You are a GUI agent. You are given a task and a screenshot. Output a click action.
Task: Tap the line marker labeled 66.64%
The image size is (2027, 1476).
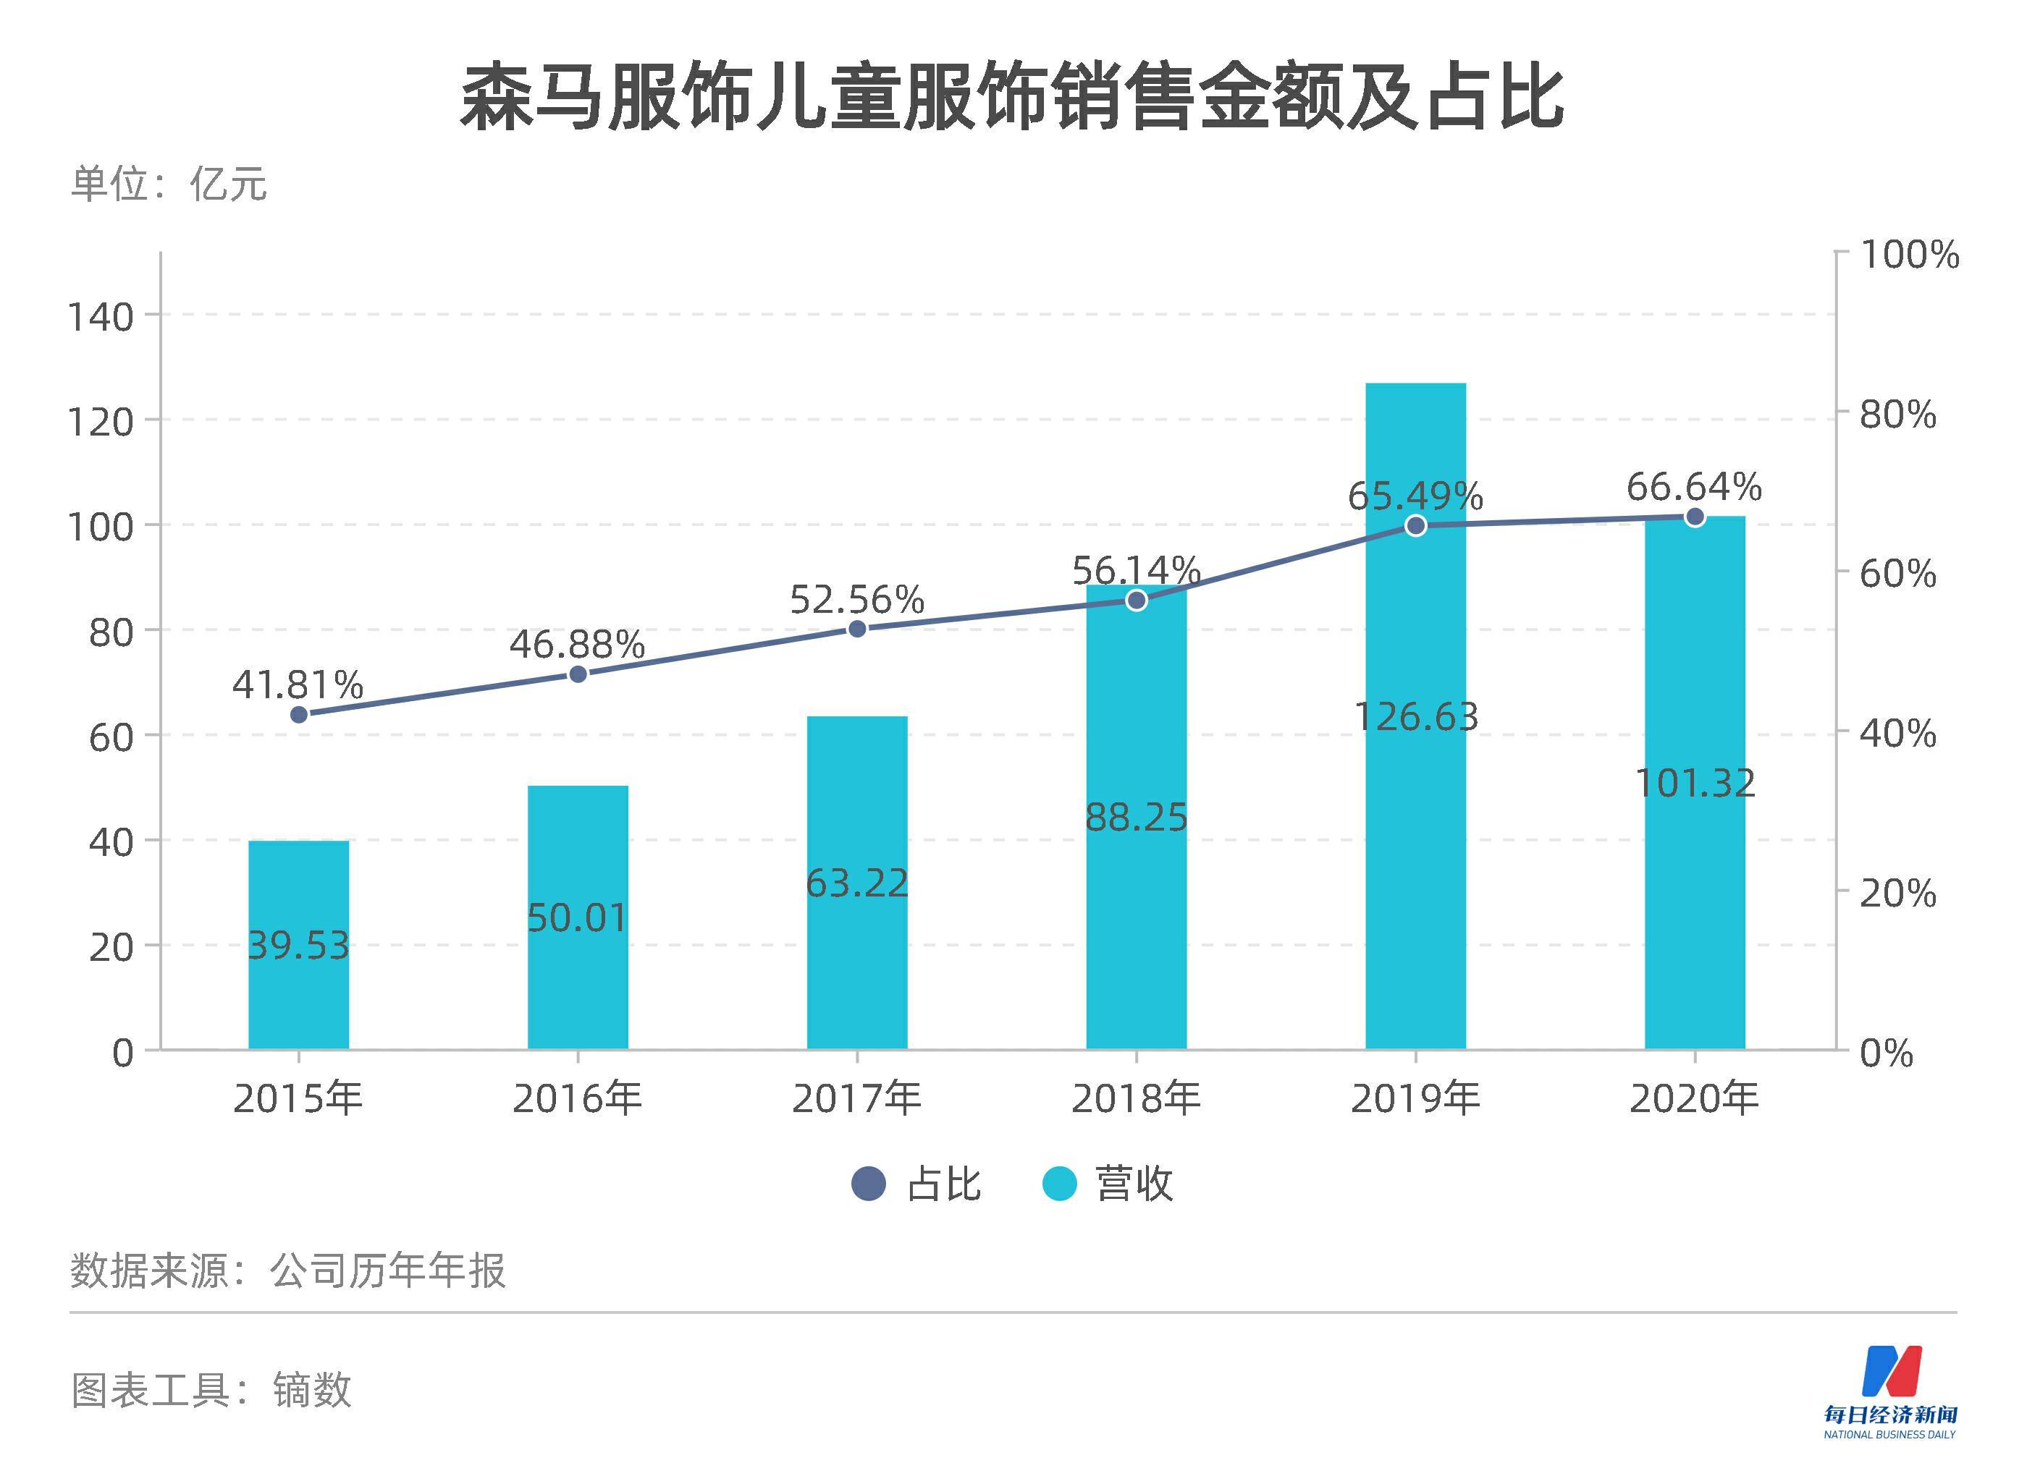pyautogui.click(x=1695, y=517)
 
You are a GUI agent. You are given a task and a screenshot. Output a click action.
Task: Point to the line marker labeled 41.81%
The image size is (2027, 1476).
pyautogui.click(x=300, y=714)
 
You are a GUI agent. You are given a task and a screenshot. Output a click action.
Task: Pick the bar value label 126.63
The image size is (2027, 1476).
pyautogui.click(x=1416, y=716)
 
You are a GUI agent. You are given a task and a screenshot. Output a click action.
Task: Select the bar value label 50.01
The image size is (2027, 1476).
pyautogui.click(x=578, y=917)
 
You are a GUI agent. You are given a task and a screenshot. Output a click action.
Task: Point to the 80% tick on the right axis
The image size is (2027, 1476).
pyautogui.click(x=1897, y=414)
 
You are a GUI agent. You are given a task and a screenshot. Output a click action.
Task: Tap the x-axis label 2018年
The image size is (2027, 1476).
pyautogui.click(x=1135, y=1098)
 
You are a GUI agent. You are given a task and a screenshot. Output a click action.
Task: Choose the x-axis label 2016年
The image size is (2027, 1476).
pyautogui.click(x=578, y=1098)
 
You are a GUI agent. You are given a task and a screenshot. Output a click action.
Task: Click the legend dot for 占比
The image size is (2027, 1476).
pyautogui.click(x=868, y=1184)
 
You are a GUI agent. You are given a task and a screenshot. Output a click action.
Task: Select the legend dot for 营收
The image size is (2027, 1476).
pyautogui.click(x=1059, y=1184)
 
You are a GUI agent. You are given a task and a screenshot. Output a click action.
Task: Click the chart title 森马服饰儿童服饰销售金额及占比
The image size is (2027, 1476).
pyautogui.click(x=1012, y=96)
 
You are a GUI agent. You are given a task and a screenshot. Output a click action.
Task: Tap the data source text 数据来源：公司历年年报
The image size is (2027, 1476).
pyautogui.click(x=288, y=1270)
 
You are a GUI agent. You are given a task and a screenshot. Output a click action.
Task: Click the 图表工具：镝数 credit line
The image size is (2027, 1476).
pyautogui.click(x=211, y=1390)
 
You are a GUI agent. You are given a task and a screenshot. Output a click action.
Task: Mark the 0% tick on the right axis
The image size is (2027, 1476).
pyautogui.click(x=1886, y=1053)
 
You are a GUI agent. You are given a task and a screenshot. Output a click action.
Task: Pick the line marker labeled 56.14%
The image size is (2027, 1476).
pyautogui.click(x=1136, y=601)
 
